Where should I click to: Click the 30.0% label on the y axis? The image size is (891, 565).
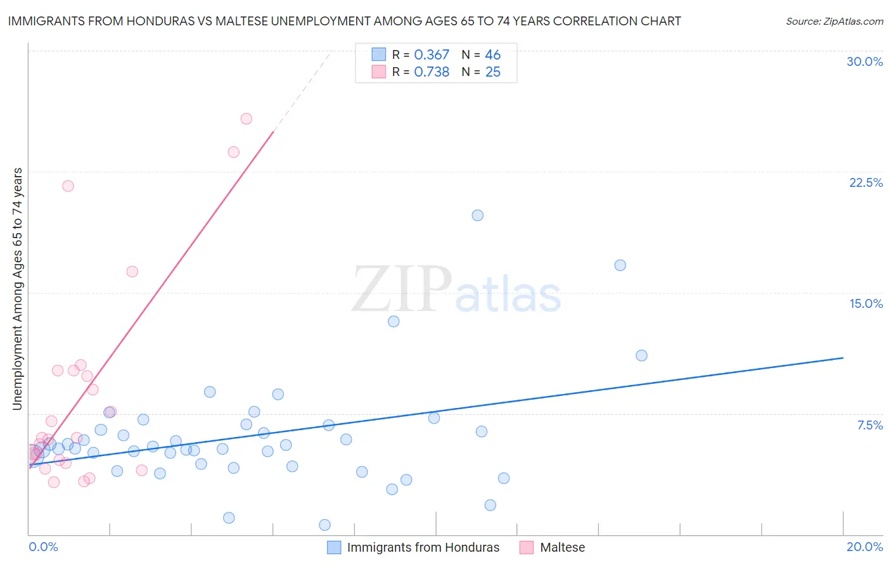864,61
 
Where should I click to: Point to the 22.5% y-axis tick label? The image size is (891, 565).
866,182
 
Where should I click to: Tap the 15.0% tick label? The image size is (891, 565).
866,303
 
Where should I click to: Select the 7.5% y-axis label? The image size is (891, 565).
869,425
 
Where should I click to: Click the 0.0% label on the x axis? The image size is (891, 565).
43,547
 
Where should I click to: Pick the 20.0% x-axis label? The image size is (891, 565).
864,547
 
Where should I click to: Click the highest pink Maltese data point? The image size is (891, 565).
246,118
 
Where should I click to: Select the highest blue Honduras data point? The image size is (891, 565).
478,215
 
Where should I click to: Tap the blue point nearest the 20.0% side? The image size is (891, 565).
641,355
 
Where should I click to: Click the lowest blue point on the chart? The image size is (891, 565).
324,524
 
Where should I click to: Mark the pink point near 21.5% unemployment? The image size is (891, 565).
68,186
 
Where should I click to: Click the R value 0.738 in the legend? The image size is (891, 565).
432,72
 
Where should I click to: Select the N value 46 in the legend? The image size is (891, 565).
492,55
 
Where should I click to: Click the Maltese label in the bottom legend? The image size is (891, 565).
562,547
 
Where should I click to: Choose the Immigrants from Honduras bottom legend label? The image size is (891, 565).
423,547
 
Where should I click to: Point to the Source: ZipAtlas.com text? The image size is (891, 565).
834,22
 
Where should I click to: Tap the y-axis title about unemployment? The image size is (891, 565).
18,288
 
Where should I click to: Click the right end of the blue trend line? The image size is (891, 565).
843,358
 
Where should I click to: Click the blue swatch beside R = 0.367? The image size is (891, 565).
378,54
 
